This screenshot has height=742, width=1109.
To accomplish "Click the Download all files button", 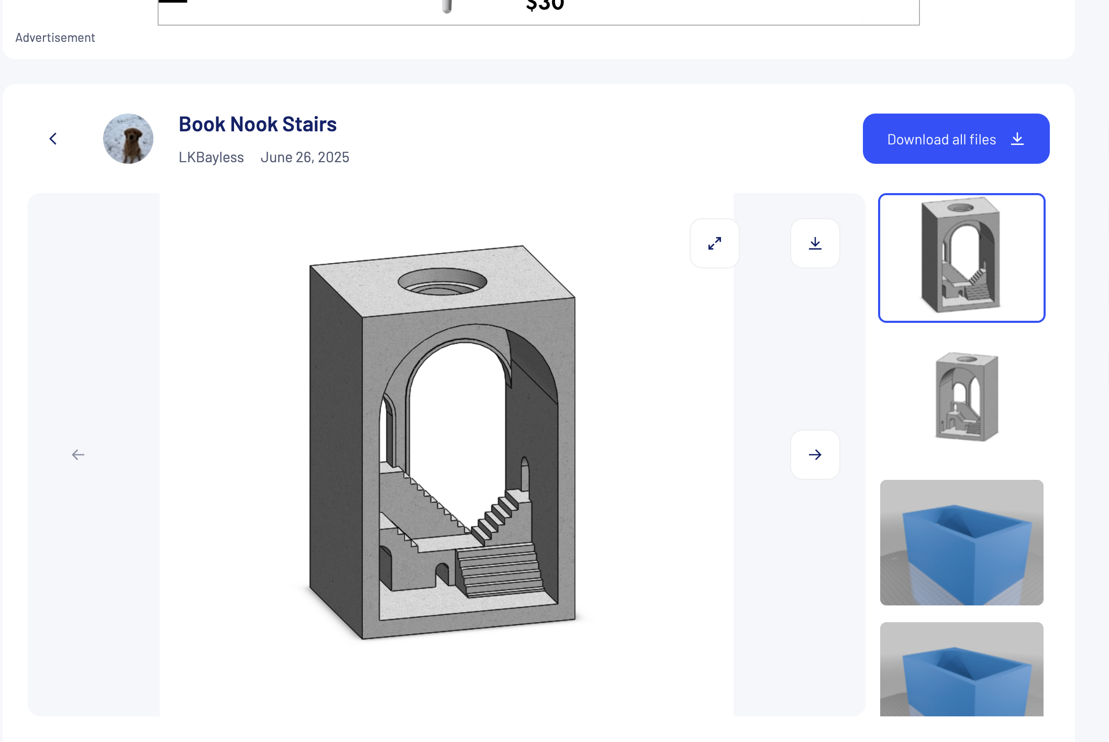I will (956, 139).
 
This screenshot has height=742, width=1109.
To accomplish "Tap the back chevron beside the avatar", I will (53, 139).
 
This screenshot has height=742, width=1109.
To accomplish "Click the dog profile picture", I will (128, 139).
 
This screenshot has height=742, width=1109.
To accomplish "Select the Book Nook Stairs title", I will (257, 125).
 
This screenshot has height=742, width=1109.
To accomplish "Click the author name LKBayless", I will (211, 157).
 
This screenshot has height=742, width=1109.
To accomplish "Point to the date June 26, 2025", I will (305, 157).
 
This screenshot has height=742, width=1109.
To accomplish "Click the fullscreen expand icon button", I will (714, 243).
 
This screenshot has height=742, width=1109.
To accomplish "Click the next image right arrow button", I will (815, 454).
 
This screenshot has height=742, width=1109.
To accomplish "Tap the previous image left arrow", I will (78, 454).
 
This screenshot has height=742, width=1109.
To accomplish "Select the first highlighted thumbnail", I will (961, 257).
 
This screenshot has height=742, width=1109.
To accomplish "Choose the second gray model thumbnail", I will (966, 397).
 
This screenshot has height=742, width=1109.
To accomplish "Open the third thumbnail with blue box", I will (961, 542).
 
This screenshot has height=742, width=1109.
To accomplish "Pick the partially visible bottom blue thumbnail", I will (961, 670).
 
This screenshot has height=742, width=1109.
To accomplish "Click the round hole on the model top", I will (442, 282).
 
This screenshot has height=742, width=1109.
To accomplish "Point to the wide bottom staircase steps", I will (500, 570).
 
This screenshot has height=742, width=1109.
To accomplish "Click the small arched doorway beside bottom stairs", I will (442, 574).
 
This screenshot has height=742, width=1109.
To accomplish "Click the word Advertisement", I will (55, 38).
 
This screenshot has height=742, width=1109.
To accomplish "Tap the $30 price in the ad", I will (545, 6).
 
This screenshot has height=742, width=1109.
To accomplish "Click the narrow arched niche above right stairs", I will (525, 474).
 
